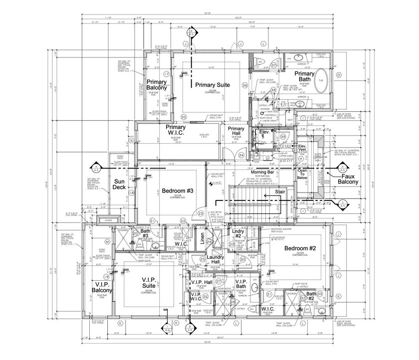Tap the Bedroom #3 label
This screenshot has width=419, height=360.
(x=177, y=191)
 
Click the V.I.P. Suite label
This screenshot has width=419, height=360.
(x=142, y=284)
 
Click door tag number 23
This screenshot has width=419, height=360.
(x=201, y=213)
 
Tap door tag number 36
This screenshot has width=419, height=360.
(x=245, y=85)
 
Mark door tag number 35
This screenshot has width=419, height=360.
(x=183, y=117)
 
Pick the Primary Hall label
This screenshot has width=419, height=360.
(x=235, y=132)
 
